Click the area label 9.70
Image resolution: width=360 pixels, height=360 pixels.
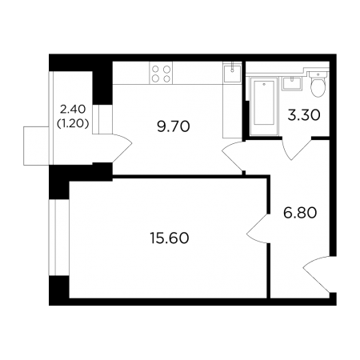point(174,126)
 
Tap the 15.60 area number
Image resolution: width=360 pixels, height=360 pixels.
point(170,238)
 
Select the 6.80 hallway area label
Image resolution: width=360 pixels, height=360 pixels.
point(300,213)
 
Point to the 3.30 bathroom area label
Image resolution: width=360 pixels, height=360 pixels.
point(304,115)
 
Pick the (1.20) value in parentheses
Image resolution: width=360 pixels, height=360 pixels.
point(73,123)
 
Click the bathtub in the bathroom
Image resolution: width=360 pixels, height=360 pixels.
point(264,106)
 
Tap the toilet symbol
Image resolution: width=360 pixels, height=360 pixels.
point(318,84)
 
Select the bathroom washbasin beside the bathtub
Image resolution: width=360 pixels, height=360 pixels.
point(292,84)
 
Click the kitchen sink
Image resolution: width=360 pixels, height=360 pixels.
point(232,73)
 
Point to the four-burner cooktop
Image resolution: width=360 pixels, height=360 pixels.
point(161,73)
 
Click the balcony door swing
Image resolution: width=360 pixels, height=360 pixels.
point(122,148)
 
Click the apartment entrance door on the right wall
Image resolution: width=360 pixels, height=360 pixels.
point(318,274)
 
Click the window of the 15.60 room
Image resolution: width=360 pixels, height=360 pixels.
point(59,238)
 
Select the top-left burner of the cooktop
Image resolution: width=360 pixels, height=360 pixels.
point(155,70)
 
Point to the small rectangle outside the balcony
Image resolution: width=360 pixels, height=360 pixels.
point(36,146)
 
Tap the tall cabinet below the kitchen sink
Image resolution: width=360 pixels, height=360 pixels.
point(232,110)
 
